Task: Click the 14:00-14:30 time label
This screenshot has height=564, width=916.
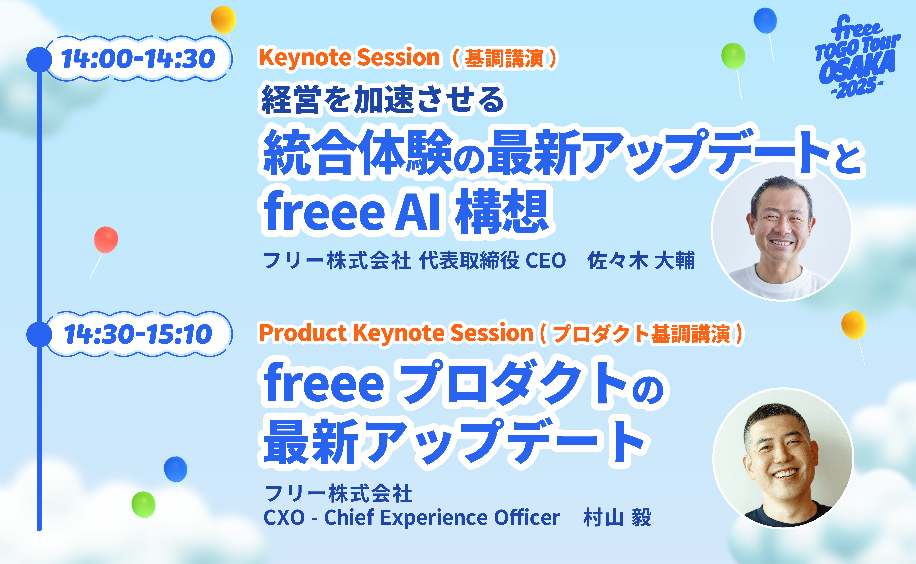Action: (x=138, y=59)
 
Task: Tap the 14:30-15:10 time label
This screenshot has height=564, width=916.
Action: (x=138, y=334)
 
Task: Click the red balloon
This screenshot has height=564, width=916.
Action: (x=106, y=240)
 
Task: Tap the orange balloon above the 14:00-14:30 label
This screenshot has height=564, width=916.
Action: (x=223, y=19)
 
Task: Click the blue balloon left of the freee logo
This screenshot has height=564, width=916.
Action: (x=765, y=20)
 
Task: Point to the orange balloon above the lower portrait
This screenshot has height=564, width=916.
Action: (x=854, y=325)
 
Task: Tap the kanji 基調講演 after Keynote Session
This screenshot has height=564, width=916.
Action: (x=504, y=59)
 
